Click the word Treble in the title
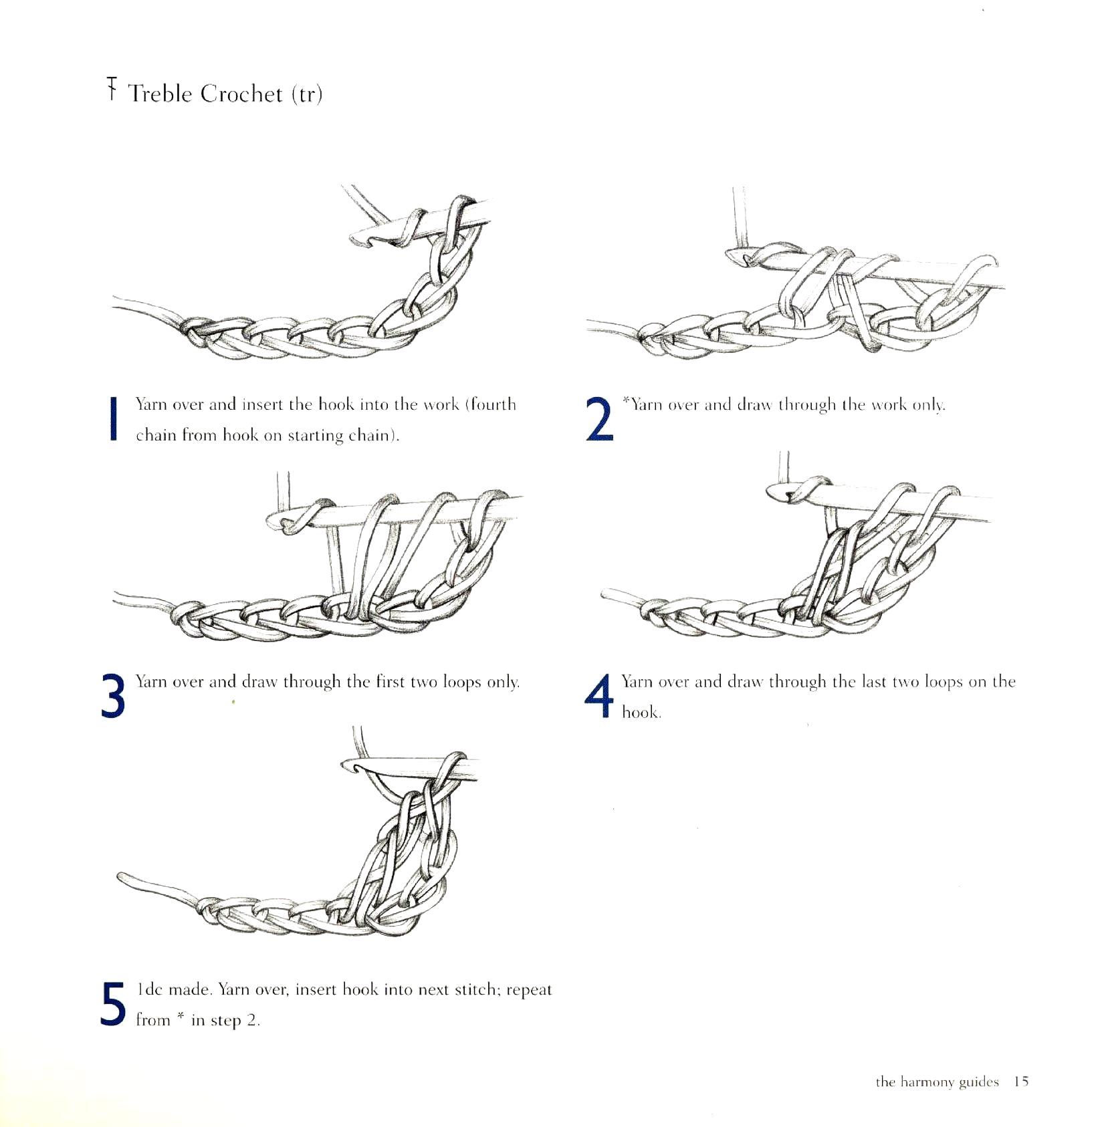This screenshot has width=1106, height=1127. (x=160, y=94)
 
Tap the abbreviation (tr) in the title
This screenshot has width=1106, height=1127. (x=307, y=94)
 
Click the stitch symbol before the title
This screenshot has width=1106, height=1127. (x=112, y=89)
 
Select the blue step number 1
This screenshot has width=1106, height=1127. (x=114, y=419)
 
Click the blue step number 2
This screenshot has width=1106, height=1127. (x=599, y=419)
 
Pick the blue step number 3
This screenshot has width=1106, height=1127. (x=113, y=696)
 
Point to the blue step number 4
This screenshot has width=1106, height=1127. (x=598, y=695)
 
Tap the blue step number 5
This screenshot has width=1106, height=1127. (x=113, y=1003)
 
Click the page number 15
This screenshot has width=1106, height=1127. (x=1021, y=1082)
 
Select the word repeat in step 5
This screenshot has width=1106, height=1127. (x=529, y=990)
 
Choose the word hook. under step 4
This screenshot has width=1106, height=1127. (x=641, y=712)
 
